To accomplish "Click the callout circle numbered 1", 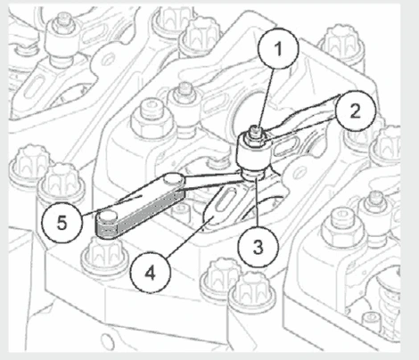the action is (278, 49).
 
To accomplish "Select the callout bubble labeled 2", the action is (356, 111).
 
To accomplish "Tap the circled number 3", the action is (258, 246).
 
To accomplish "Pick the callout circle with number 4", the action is (150, 273).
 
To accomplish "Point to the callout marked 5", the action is (62, 223).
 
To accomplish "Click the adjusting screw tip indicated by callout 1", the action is (255, 130).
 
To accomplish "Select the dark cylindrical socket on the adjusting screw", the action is (254, 156).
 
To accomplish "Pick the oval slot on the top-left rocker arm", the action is (35, 86).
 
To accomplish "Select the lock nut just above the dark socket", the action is (254, 138).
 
